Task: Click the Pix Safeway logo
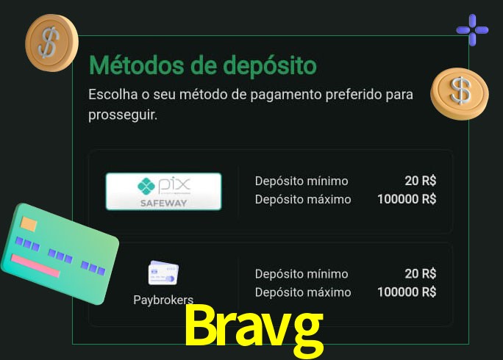163,191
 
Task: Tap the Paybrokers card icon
163,273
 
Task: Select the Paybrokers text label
163,300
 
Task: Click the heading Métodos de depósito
202,65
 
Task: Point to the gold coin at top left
51,42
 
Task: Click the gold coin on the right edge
460,93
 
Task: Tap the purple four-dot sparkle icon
472,30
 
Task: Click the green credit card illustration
59,254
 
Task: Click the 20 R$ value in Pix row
420,180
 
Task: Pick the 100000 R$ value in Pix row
407,199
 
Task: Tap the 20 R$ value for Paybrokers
420,273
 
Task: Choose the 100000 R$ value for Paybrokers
407,292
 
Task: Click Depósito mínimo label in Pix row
302,181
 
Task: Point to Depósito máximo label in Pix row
303,199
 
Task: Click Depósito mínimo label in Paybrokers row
302,274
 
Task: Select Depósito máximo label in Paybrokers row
303,292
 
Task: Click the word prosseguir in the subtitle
122,115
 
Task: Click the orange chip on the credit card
29,224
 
